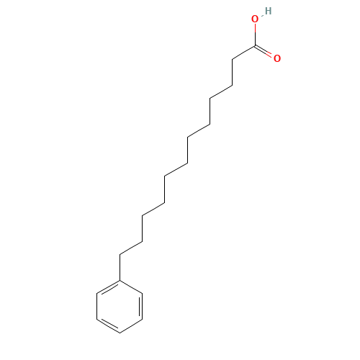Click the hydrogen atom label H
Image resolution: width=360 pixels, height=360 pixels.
(269, 11)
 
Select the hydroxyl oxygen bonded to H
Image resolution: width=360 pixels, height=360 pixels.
(255, 19)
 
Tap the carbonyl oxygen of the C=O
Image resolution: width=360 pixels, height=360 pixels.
(277, 58)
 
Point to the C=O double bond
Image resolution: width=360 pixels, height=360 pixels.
(264, 51)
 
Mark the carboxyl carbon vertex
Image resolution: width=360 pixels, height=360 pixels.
(255, 45)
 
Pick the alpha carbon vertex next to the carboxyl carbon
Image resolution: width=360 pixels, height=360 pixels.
(233, 59)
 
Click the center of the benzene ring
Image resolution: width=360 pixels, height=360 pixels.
(120, 307)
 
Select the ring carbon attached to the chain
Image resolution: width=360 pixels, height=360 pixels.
(120, 280)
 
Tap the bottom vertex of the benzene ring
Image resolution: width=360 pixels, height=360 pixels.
(120, 333)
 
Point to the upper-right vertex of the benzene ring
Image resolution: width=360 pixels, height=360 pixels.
(143, 293)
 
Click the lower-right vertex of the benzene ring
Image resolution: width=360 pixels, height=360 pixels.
(143, 320)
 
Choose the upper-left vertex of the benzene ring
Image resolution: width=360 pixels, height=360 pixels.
(97, 293)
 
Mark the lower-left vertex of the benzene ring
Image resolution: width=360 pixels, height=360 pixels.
(97, 320)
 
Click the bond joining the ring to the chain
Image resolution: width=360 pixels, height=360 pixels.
(120, 267)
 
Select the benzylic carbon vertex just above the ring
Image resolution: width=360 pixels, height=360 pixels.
(120, 254)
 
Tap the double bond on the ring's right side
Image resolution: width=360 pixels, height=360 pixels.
(141, 307)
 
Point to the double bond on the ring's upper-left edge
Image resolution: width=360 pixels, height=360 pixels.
(109, 287)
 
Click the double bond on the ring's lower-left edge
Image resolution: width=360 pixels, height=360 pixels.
(109, 325)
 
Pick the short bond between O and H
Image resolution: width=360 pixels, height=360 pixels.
(262, 15)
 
